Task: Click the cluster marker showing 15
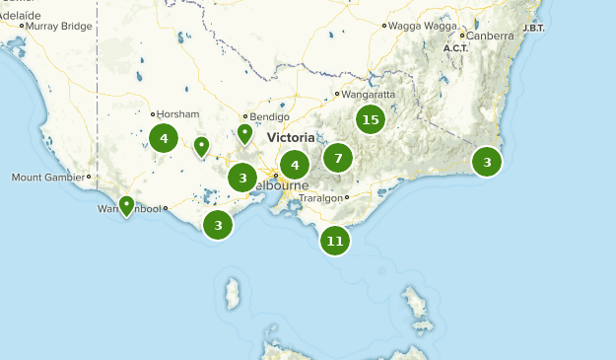tap(370, 120)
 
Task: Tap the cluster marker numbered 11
tap(335, 241)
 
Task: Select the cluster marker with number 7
tap(338, 158)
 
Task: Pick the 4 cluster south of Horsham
tap(164, 138)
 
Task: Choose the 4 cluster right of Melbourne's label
tap(295, 165)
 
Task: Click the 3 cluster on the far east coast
tap(487, 162)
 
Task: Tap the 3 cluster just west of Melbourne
tap(242, 178)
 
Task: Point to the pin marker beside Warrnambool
tap(126, 206)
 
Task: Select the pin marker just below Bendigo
tap(245, 133)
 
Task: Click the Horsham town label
tap(178, 114)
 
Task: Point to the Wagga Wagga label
tap(418, 24)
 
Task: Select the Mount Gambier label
tap(49, 178)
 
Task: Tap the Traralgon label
tap(321, 197)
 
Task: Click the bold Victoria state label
tap(291, 138)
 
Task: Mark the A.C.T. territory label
tap(455, 48)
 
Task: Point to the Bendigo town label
tap(270, 116)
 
